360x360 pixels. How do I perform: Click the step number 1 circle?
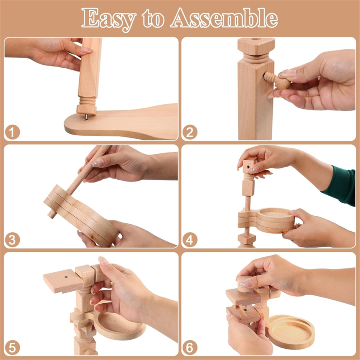12,132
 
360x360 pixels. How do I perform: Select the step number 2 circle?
190,132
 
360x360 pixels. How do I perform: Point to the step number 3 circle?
12,240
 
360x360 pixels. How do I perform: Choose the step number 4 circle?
190,240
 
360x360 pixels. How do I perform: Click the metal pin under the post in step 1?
86,117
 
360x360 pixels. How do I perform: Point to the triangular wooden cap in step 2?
256,46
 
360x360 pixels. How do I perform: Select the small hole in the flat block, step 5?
66,277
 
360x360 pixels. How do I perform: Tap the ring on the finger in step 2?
319,78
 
